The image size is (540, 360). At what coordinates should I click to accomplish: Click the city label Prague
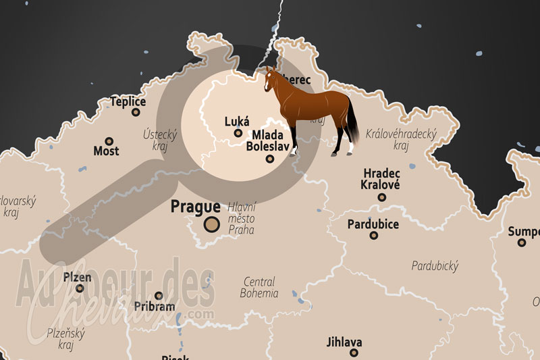(x=195, y=207)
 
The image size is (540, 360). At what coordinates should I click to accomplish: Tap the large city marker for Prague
(x=212, y=225)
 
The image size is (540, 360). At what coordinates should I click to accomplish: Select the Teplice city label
(x=128, y=101)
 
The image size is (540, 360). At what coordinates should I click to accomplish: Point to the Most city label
(x=106, y=150)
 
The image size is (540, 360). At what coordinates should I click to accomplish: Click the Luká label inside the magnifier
(x=236, y=122)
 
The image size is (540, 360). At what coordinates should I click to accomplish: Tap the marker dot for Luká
(x=238, y=133)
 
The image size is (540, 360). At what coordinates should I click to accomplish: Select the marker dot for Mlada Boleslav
(x=270, y=159)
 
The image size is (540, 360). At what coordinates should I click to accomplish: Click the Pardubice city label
(x=373, y=224)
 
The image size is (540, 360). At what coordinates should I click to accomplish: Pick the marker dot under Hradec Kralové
(x=382, y=197)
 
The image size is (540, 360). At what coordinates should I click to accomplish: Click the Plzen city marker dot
(x=80, y=288)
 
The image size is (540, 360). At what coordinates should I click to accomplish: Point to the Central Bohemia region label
(x=259, y=288)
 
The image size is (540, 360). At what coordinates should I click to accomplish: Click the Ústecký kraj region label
(x=159, y=140)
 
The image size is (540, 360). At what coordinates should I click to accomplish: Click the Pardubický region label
(x=435, y=265)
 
